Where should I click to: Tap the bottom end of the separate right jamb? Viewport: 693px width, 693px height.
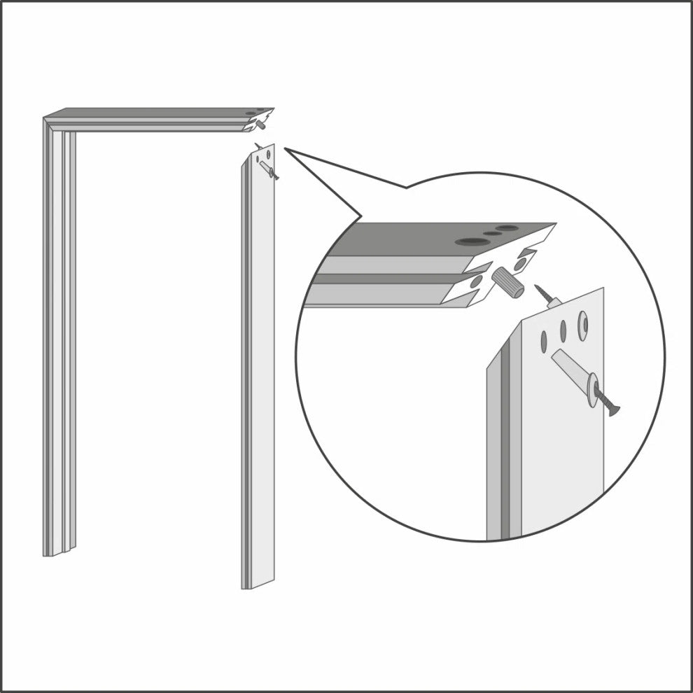(258, 584)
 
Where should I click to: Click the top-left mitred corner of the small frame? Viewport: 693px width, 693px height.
(48, 120)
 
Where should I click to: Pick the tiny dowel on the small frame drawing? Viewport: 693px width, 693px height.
(260, 126)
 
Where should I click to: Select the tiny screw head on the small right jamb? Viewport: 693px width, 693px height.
(275, 178)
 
